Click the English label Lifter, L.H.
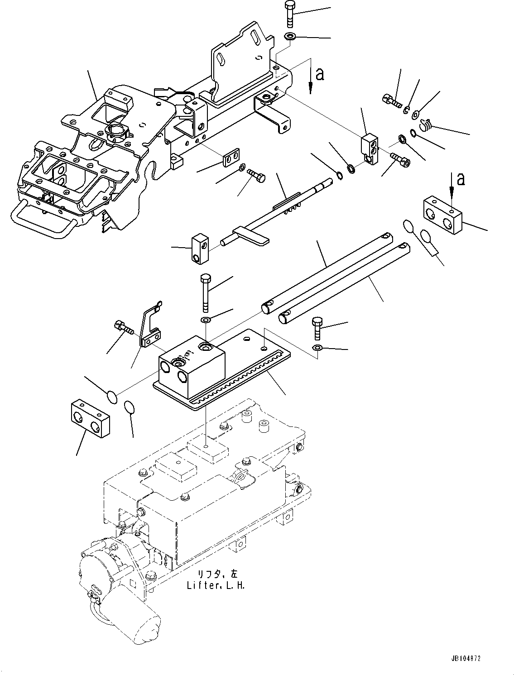coord(216,586)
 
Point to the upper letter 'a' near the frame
coord(320,74)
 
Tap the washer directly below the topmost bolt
coord(290,36)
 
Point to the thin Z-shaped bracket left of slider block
coord(149,326)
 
